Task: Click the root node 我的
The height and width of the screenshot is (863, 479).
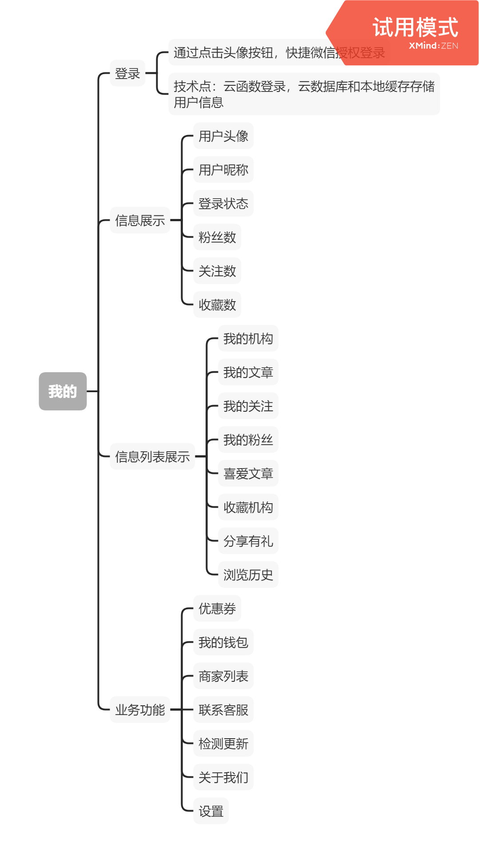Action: point(63,391)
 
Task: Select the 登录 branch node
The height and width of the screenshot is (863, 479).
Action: point(127,73)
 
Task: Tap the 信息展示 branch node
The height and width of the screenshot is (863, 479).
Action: point(140,220)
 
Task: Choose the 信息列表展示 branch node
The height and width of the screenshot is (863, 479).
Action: point(152,457)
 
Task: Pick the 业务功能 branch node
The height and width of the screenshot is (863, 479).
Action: point(140,710)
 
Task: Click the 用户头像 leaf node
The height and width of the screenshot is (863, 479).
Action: point(223,136)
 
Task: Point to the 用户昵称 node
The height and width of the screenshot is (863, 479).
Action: point(223,170)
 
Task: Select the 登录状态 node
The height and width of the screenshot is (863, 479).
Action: point(223,203)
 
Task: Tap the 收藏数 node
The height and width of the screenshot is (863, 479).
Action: point(217,305)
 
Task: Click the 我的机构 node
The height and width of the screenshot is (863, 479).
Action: point(248,338)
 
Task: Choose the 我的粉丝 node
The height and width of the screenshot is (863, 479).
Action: point(248,440)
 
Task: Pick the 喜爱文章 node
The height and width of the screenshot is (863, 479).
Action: point(248,473)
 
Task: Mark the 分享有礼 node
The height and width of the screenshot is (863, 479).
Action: point(248,541)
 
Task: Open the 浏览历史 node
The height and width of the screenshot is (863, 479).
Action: point(248,575)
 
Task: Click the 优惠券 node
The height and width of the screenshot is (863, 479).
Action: point(217,608)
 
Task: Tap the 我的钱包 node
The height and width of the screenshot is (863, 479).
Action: point(223,642)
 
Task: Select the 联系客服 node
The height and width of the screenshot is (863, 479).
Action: point(223,710)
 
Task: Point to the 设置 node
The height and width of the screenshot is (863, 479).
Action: point(211,811)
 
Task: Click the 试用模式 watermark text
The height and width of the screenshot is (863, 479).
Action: point(415,27)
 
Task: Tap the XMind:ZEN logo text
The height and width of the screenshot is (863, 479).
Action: point(433,46)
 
